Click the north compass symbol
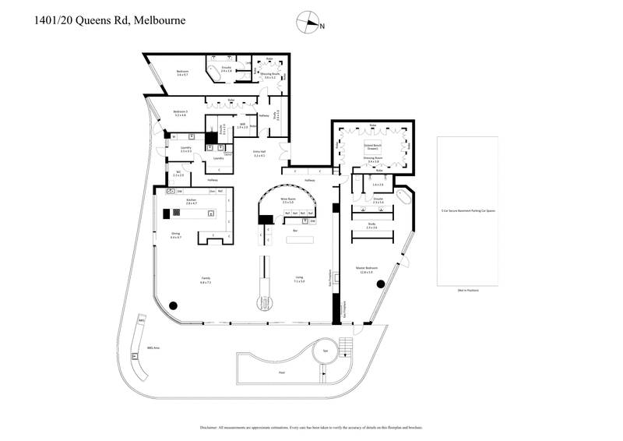tap(312, 24)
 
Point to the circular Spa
tap(326, 351)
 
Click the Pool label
tap(281, 372)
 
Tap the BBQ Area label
tap(152, 348)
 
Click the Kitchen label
tap(189, 201)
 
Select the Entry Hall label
tap(259, 153)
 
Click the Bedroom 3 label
tap(180, 113)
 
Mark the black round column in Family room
tap(171, 306)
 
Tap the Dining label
tap(176, 235)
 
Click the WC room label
tap(178, 173)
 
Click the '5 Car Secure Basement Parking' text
tap(468, 210)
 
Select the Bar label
tap(295, 231)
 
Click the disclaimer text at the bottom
tap(311, 427)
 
